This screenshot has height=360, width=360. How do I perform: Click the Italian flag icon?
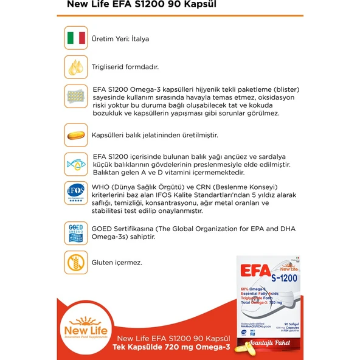[x=75, y=38]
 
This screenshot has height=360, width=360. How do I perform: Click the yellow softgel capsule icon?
[x=75, y=135]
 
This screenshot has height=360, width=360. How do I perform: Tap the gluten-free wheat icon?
[x=75, y=263]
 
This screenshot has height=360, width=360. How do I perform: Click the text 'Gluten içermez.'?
[x=116, y=263]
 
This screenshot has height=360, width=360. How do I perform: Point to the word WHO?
[x=100, y=186]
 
